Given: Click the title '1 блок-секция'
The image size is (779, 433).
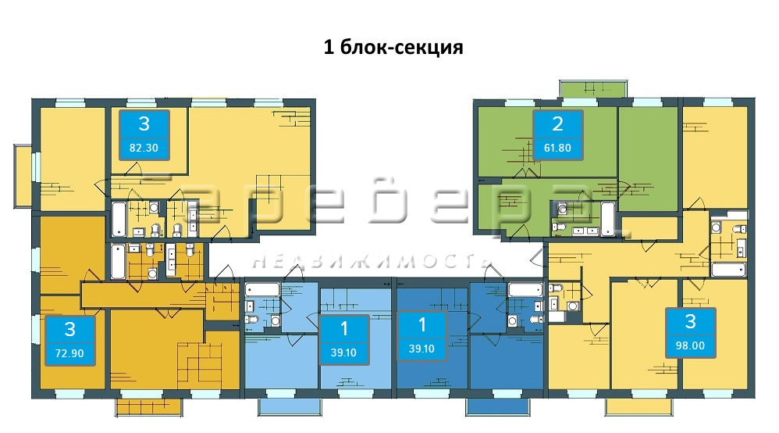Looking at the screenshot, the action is (x=393, y=47).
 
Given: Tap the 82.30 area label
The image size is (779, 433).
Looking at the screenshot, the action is (x=144, y=148).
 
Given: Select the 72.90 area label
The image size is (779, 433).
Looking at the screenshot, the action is (x=69, y=353).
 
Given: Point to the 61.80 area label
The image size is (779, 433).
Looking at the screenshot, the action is (x=557, y=148).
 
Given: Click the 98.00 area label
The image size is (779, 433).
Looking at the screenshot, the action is (x=690, y=345).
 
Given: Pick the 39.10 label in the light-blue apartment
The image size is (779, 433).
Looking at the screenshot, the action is (x=343, y=352).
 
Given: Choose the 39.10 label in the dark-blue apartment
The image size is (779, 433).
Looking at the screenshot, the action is (x=422, y=349).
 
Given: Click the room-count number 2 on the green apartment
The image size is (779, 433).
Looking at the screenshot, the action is (x=557, y=124).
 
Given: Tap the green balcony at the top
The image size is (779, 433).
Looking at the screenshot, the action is (x=592, y=88).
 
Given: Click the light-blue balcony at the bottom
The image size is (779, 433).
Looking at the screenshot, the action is (x=290, y=406).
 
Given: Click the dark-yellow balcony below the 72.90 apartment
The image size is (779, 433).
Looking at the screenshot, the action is (x=149, y=406).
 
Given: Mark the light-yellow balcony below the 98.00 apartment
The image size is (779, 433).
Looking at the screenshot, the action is (x=638, y=406).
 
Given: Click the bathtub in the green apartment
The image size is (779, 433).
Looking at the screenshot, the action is (x=607, y=219).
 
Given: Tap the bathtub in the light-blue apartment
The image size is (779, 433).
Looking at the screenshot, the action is (x=262, y=290).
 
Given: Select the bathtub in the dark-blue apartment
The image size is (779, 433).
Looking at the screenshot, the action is (x=525, y=290).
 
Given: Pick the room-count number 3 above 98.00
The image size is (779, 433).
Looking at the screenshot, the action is (x=690, y=321).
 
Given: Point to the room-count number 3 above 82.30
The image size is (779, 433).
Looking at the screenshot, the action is (x=144, y=123).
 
